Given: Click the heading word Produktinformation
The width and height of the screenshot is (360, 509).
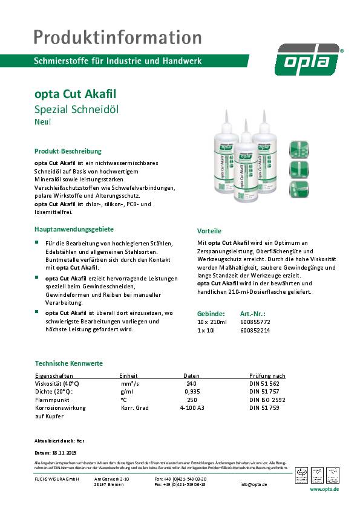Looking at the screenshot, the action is (x=117, y=37).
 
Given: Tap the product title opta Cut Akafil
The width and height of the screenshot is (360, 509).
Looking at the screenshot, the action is (x=76, y=95).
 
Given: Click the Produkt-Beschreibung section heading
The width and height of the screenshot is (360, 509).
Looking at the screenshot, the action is (x=68, y=151).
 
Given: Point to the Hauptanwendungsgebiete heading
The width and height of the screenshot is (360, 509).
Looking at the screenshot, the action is (x=74, y=230).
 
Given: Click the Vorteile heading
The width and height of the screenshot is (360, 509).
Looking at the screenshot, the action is (x=209, y=231).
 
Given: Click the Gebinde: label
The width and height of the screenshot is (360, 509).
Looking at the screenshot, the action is (x=211, y=314).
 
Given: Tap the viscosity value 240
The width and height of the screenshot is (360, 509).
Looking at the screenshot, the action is (x=191, y=383).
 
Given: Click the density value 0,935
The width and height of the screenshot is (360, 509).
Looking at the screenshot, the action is (x=191, y=392).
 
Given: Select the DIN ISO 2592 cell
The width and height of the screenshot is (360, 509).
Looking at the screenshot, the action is (x=267, y=400).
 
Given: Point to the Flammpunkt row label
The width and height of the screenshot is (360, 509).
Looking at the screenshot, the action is (x=53, y=400).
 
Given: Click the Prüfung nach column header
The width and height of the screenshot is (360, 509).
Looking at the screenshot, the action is (x=267, y=375).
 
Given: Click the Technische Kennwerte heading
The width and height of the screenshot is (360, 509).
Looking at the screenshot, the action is (x=68, y=363).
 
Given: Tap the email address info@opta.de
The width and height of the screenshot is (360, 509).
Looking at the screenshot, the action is (x=254, y=484).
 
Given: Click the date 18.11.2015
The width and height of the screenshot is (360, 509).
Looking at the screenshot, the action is (x=64, y=452).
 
